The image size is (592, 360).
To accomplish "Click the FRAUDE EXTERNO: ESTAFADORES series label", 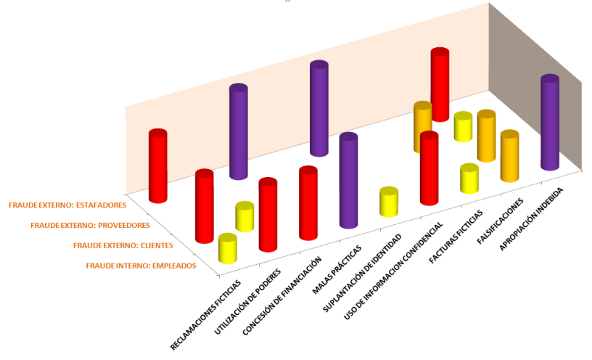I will point(65,205).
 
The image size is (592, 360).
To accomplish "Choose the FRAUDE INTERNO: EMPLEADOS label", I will point(141,266).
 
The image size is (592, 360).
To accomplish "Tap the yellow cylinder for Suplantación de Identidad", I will point(390,202).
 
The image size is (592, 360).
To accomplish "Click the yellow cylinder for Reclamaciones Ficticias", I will point(228,248).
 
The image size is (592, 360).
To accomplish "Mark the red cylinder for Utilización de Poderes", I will point(268,215).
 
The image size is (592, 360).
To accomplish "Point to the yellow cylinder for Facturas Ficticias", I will point(469,179).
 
